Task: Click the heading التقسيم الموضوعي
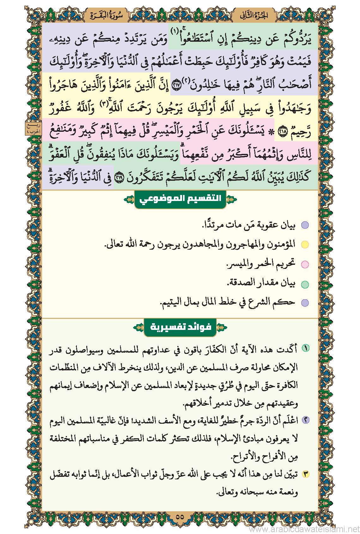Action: pyautogui.click(x=180, y=199)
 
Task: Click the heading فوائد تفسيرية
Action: pyautogui.click(x=180, y=326)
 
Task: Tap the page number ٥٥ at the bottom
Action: pyautogui.click(x=180, y=517)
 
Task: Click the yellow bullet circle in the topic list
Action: pyautogui.click(x=304, y=245)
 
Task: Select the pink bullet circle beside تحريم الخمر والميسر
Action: pyautogui.click(x=304, y=264)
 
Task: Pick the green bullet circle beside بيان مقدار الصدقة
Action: pyautogui.click(x=304, y=284)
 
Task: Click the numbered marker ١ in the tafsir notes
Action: pyautogui.click(x=306, y=348)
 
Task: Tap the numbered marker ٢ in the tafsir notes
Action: pyautogui.click(x=306, y=420)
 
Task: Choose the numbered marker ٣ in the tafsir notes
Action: pyautogui.click(x=306, y=474)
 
